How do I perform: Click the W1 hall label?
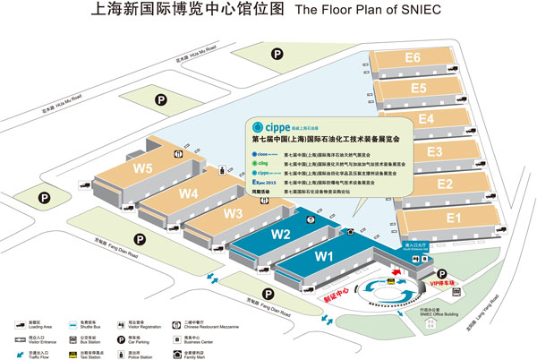324,257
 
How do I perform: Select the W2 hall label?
281,235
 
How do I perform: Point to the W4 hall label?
187,192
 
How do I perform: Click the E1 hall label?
454,218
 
